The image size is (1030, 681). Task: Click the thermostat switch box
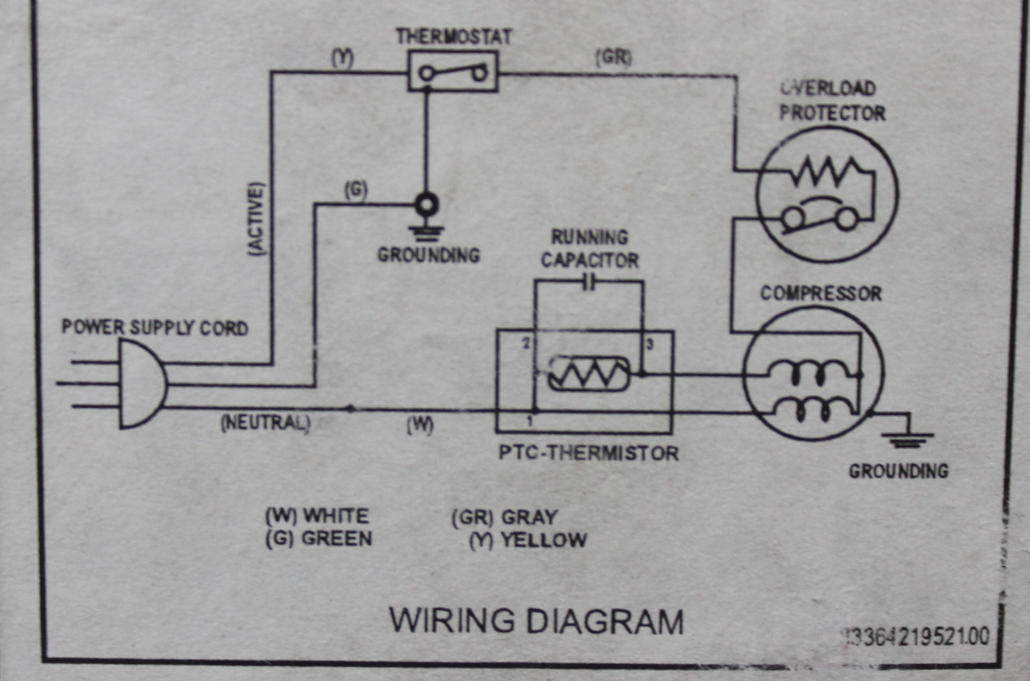453,71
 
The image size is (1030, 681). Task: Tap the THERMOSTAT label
454,37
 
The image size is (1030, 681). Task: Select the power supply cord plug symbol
141,384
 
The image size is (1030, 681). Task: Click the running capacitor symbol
589,283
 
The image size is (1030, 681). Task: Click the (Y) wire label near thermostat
343,58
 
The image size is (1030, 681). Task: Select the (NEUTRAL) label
266,423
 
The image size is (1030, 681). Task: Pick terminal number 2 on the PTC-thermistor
527,344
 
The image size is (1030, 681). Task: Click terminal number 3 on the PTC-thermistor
650,345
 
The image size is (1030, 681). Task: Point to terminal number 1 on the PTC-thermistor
529,421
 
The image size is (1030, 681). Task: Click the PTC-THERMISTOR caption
588,453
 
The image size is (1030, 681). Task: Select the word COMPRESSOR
821,294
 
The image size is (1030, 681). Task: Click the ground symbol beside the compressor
908,439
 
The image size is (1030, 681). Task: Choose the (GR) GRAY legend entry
504,517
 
